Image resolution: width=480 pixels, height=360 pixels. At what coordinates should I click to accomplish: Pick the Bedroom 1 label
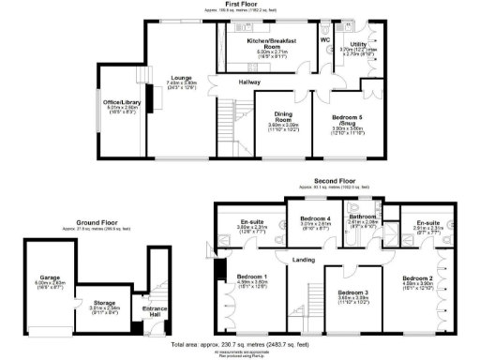coord(251,277)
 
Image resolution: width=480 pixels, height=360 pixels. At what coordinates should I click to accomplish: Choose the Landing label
coord(303,260)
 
